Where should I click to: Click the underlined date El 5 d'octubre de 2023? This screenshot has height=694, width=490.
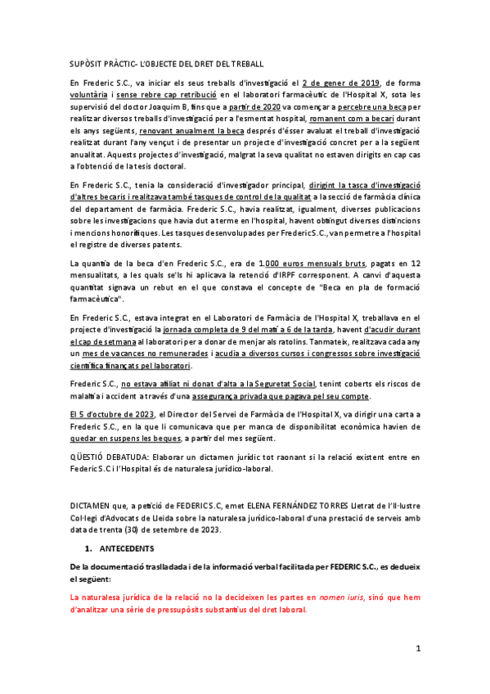111,415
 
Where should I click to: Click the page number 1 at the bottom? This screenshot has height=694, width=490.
417,649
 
